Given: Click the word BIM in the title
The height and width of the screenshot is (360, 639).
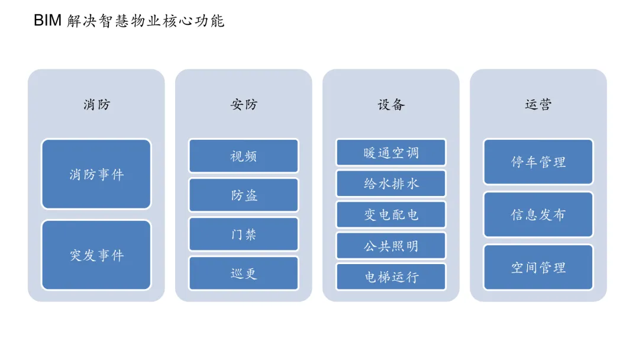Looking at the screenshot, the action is click(x=47, y=20).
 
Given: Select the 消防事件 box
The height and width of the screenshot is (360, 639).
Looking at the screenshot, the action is click(x=96, y=174).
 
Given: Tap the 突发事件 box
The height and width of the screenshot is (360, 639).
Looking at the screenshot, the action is click(x=96, y=255).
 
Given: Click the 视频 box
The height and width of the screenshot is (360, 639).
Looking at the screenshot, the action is click(x=244, y=156).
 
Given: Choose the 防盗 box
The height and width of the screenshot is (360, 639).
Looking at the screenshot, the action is click(x=244, y=195).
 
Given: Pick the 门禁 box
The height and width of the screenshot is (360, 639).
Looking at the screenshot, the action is click(x=244, y=234).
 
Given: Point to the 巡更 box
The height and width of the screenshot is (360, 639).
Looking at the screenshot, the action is click(x=244, y=273).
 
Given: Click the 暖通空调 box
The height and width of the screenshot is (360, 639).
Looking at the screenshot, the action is click(x=391, y=153).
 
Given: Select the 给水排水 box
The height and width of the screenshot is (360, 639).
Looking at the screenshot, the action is click(x=391, y=184).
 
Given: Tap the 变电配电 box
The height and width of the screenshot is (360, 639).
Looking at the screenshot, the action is click(x=391, y=214).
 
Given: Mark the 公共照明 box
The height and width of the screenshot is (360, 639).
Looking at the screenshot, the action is click(x=391, y=246).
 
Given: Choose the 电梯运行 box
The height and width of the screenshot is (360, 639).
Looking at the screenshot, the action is click(x=391, y=277).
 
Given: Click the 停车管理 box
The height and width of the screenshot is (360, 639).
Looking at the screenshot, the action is click(x=538, y=162).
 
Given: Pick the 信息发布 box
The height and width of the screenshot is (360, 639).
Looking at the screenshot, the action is click(x=538, y=214).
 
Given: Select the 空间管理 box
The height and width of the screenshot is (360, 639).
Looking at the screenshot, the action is click(x=538, y=268).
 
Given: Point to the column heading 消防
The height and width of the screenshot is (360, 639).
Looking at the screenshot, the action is click(x=96, y=104).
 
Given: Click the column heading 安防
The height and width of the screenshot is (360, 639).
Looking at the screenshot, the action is click(x=244, y=104).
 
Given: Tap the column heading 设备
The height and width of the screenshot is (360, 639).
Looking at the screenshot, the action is click(x=391, y=104).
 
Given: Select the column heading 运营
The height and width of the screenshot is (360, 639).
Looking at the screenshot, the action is click(x=538, y=104).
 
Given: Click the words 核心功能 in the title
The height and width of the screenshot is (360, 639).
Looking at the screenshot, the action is click(x=193, y=20).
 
